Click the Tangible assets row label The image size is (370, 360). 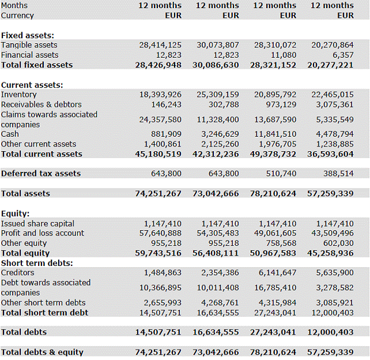click(x=29, y=45)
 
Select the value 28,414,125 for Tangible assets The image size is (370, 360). click(x=160, y=45)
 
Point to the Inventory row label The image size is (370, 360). click(x=19, y=95)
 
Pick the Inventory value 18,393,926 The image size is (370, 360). click(x=160, y=95)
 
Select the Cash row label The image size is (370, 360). click(x=10, y=134)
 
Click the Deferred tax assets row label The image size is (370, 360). click(x=41, y=174)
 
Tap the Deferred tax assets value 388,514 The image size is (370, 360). click(x=338, y=174)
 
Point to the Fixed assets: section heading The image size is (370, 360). click(x=28, y=35)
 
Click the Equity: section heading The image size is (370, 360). click(x=15, y=213)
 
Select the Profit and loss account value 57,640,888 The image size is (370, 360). click(x=160, y=233)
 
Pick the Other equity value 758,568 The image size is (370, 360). click(x=281, y=243)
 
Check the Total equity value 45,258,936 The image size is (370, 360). click(x=330, y=253)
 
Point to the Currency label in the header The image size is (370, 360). click(x=17, y=16)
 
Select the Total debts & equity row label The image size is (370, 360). click(x=42, y=352)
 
